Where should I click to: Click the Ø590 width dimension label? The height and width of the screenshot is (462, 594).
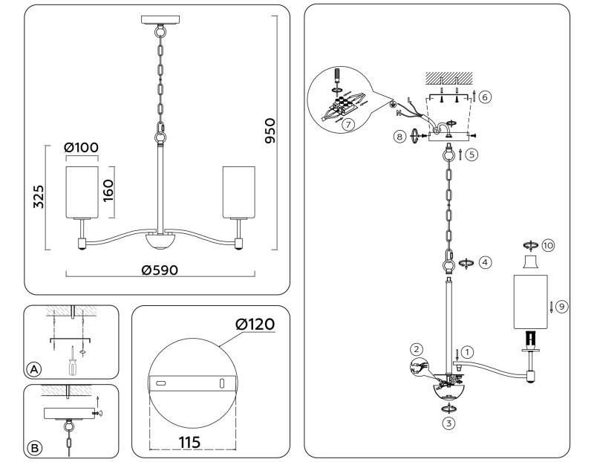159,270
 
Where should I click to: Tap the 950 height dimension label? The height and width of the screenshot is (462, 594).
269,131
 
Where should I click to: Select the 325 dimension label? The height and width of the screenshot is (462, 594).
39,197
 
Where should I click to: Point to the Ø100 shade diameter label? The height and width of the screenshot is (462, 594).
82,148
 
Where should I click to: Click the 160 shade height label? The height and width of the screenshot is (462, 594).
108,191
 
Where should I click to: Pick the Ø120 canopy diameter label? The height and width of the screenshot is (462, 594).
255,325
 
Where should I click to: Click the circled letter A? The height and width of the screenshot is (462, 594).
33,368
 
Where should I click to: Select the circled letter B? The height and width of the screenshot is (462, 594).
33,447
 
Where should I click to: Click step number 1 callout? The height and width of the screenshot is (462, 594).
467,351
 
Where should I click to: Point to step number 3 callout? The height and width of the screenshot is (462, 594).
448,423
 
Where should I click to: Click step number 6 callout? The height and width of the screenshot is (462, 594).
485,97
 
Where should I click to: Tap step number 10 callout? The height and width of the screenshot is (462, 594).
548,244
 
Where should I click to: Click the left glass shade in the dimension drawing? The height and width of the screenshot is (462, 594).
82,190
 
